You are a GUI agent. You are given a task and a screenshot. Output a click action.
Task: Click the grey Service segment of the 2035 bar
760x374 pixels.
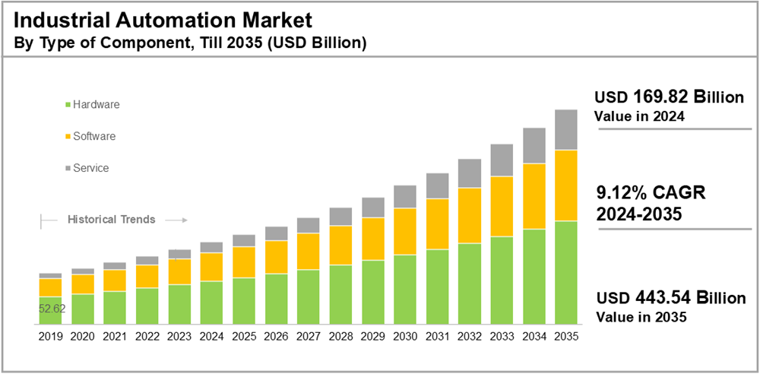tap(565, 130)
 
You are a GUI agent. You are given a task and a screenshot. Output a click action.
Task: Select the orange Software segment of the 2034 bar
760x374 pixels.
tap(534, 196)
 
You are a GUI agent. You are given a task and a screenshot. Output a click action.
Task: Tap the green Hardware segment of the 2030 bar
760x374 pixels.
tap(404, 290)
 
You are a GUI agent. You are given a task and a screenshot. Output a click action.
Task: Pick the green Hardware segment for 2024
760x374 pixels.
tap(211, 303)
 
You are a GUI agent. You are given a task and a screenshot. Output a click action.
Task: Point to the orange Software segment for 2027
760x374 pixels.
tap(308, 252)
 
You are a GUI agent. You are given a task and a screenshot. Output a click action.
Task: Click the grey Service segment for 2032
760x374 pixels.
tap(469, 173)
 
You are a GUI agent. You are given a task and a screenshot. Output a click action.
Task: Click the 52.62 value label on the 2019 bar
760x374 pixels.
tap(52, 309)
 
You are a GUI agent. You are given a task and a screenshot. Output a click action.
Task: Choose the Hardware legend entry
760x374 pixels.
tap(96, 104)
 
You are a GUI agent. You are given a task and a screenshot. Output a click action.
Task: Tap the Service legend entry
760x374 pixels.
tap(90, 168)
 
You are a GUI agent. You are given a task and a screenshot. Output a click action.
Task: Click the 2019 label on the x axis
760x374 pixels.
tap(50, 335)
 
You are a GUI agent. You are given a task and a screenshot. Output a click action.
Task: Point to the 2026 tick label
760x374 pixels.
tap(276, 335)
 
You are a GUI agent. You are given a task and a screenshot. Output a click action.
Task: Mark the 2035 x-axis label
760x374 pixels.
tap(565, 335)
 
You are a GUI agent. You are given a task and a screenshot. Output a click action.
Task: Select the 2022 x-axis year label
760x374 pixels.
tap(147, 335)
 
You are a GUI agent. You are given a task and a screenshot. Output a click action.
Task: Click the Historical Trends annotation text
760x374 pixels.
tap(112, 219)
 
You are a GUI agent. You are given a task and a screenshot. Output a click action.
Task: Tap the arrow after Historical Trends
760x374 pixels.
tap(176, 220)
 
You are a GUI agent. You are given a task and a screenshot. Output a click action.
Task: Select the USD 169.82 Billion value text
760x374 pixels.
tap(668, 97)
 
